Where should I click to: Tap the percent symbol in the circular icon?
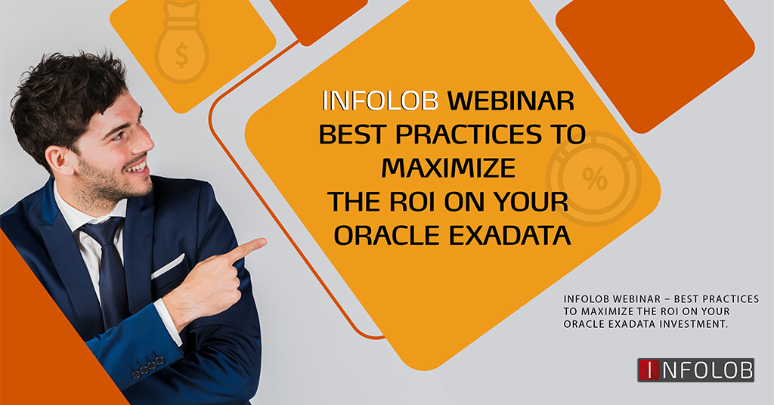pyautogui.click(x=595, y=178)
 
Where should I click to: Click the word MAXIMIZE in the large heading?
pyautogui.click(x=448, y=168)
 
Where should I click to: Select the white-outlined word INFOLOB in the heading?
pyautogui.click(x=380, y=100)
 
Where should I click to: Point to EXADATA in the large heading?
pyautogui.click(x=510, y=235)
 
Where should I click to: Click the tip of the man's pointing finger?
pyautogui.click(x=265, y=242)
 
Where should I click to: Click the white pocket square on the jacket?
pyautogui.click(x=168, y=267)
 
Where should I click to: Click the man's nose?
pyautogui.click(x=144, y=139)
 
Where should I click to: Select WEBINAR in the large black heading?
pyautogui.click(x=510, y=100)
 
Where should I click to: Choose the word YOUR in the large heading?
pyautogui.click(x=531, y=202)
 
